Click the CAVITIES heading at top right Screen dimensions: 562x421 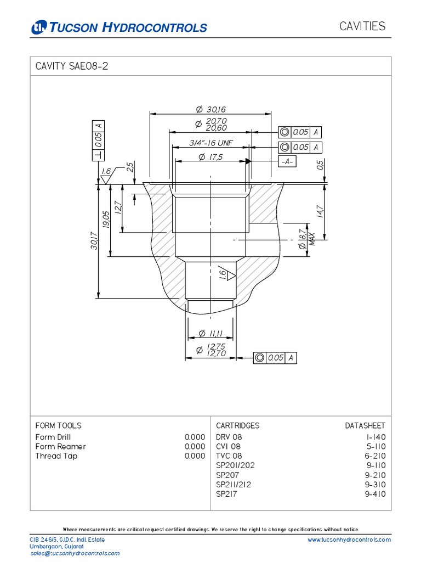[x=362, y=26]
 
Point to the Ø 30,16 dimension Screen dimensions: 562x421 [x=210, y=110]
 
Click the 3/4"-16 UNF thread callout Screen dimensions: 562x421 [x=211, y=143]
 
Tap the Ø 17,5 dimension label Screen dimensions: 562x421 [x=211, y=157]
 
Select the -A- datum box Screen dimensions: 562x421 [x=287, y=161]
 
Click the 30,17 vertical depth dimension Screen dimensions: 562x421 [x=94, y=241]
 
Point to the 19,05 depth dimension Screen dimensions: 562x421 [x=106, y=221]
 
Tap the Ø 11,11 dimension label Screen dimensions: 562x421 [x=210, y=333]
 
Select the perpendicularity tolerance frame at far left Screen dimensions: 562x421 [x=98, y=140]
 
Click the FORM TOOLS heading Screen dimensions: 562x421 [x=58, y=425]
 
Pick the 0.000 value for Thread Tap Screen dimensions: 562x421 [x=195, y=456]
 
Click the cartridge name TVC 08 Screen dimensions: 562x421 [x=229, y=456]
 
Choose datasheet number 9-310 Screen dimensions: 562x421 [x=375, y=485]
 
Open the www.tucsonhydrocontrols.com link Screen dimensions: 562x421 [x=349, y=539]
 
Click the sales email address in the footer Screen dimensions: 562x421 [x=75, y=554]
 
